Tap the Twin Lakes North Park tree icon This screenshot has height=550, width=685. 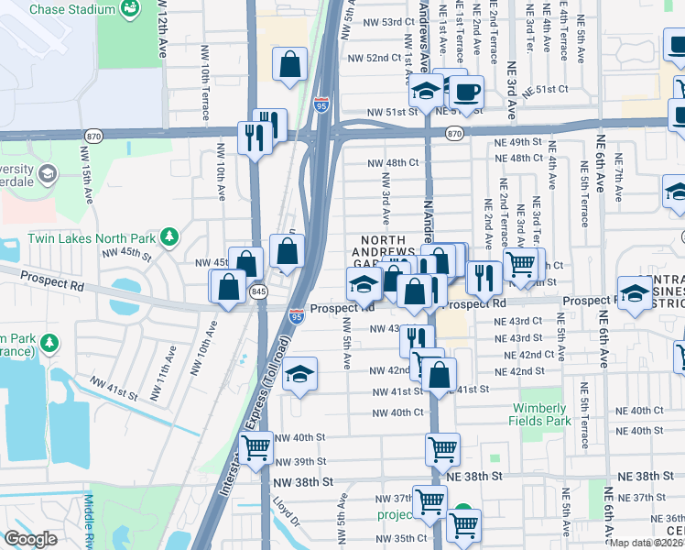point(169,237)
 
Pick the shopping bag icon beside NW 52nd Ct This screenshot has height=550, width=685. point(289,65)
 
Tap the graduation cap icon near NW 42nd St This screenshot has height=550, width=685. point(299,374)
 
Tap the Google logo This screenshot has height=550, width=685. point(30,539)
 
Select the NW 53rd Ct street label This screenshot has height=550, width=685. point(379,22)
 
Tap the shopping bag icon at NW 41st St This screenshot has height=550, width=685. point(440,375)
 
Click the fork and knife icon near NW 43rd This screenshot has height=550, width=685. point(417,339)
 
